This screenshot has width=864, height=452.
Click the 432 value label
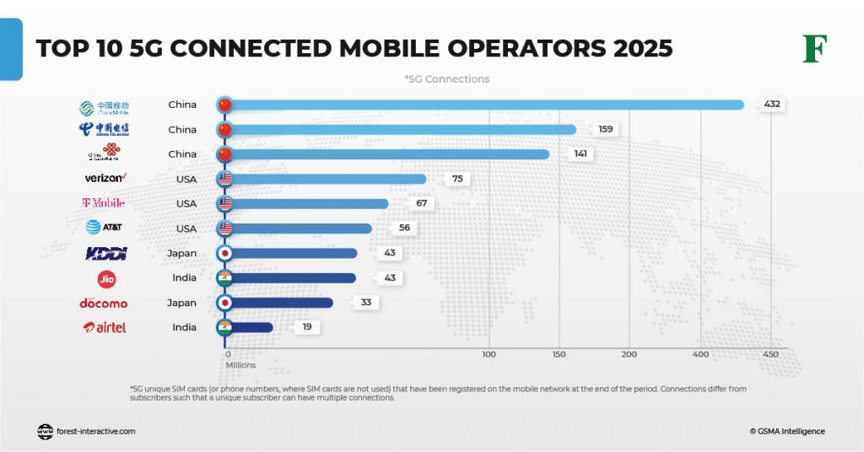pyautogui.click(x=770, y=105)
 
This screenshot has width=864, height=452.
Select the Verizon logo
pyautogui.click(x=105, y=178)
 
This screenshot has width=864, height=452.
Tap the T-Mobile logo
pyautogui.click(x=104, y=203)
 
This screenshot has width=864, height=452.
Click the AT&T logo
pyautogui.click(x=105, y=228)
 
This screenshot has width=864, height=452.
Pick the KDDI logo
pyautogui.click(x=105, y=253)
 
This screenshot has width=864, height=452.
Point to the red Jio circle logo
pyautogui.click(x=106, y=278)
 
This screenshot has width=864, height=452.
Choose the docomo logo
pyautogui.click(x=104, y=303)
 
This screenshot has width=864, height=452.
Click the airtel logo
pyautogui.click(x=105, y=327)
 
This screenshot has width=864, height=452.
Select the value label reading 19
pyautogui.click(x=306, y=327)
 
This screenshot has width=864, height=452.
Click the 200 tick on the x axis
pyautogui.click(x=629, y=355)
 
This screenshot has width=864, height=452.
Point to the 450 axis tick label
pyautogui.click(x=769, y=355)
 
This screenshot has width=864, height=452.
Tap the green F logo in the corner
pyautogui.click(x=814, y=49)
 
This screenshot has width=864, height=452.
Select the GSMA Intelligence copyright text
pyautogui.click(x=786, y=431)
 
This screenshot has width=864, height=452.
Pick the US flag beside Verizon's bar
pyautogui.click(x=224, y=179)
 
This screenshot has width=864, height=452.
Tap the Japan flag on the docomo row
pyautogui.click(x=224, y=303)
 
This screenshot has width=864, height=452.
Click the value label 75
pyautogui.click(x=456, y=179)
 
